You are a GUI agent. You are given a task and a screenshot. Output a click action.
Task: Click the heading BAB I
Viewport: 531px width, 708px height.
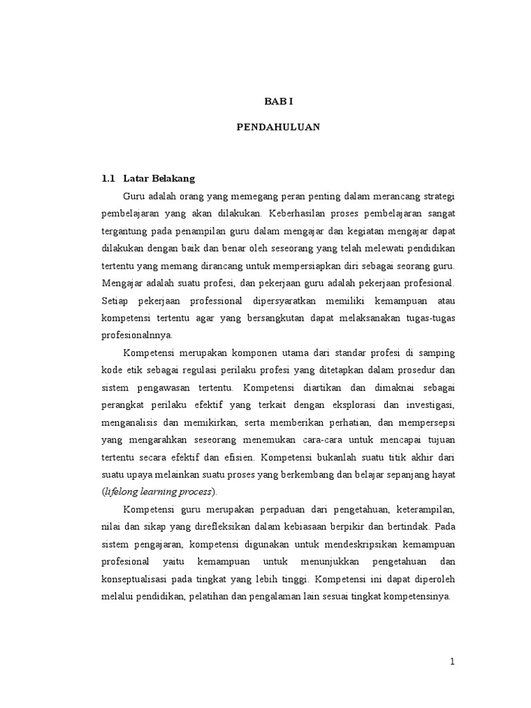[x=279, y=101]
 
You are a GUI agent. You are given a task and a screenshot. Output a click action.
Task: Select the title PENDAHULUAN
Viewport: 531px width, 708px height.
[x=279, y=128]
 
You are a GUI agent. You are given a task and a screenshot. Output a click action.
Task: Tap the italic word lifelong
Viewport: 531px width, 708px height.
[x=122, y=492]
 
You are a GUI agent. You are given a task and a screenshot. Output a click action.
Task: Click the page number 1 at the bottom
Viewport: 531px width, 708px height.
[x=452, y=662]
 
